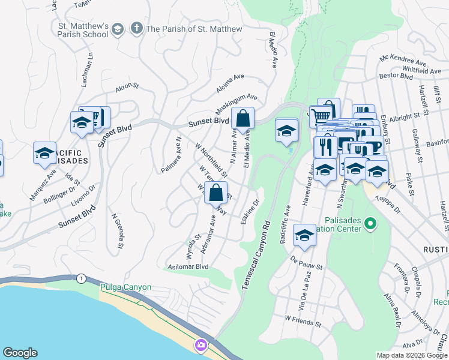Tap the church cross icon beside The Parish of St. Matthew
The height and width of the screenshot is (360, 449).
point(136,29)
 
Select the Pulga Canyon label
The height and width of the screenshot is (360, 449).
point(125,287)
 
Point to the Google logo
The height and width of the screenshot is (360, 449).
point(20,353)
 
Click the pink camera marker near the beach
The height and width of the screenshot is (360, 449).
point(200,345)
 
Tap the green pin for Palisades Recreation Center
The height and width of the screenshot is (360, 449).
point(370,225)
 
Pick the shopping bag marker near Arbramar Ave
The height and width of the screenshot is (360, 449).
point(215,193)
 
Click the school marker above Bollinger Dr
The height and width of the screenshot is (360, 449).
point(44,154)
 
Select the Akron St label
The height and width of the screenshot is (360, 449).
point(127,89)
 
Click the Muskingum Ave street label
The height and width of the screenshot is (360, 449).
point(237,104)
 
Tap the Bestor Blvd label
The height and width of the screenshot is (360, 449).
point(396,77)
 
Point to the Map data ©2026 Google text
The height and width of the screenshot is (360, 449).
point(412,355)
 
